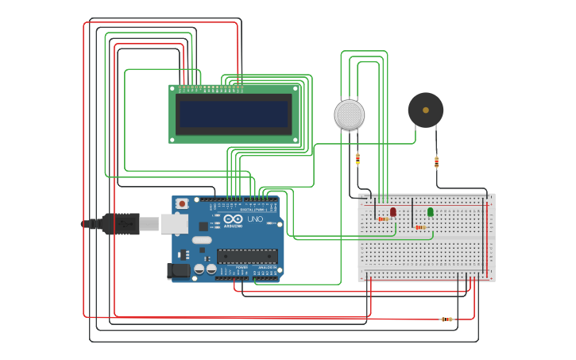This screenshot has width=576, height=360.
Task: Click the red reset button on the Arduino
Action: [182, 203]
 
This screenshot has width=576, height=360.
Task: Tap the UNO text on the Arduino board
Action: [255, 219]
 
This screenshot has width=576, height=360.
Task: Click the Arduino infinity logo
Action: [233, 219]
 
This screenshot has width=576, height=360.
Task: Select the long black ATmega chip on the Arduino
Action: [247, 256]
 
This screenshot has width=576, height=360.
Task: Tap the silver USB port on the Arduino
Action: [174, 224]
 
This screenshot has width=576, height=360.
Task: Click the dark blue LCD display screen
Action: [234, 114]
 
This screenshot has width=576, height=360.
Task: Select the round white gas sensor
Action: [350, 115]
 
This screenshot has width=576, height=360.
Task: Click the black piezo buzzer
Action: [426, 110]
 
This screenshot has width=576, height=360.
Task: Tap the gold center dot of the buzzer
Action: [426, 110]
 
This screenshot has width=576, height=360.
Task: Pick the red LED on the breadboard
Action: [393, 211]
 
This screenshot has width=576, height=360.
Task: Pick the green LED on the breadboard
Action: [431, 211]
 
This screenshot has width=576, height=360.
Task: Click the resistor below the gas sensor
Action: [358, 159]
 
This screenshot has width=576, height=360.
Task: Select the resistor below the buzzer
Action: [436, 162]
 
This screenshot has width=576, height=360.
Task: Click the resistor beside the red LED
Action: [383, 219]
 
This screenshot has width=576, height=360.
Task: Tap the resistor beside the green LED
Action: [420, 227]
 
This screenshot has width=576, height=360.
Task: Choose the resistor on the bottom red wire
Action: [447, 319]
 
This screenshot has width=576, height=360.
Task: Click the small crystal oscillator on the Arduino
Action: [202, 240]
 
